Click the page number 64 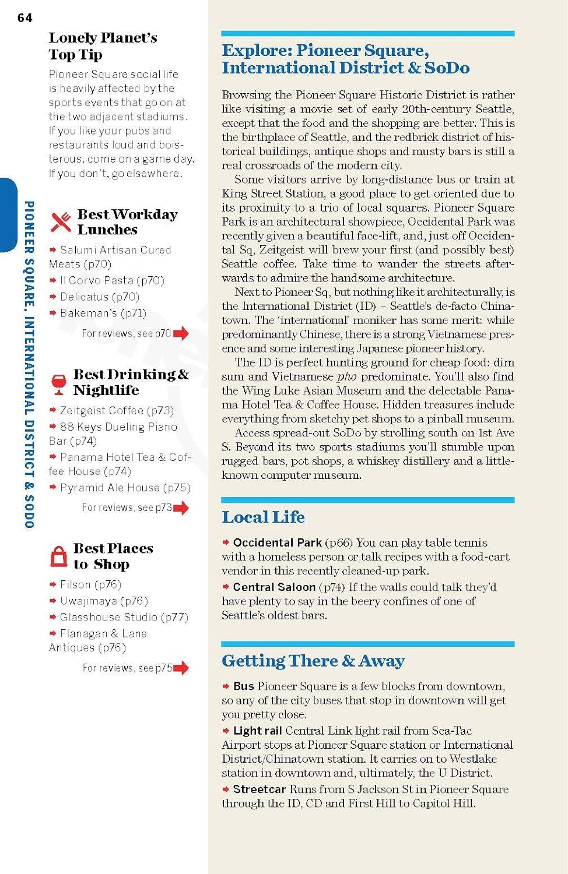25,18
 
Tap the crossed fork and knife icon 61,222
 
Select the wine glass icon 59,384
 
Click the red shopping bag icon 59,556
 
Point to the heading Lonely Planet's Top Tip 103,46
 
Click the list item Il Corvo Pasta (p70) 112,280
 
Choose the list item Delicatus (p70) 99,297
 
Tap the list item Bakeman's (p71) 103,313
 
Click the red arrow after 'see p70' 181,333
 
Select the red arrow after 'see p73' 181,508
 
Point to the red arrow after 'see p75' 181,668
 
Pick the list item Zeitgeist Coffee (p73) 117,410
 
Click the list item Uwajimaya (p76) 103,601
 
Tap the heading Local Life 263,517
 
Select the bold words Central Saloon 274,587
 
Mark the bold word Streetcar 260,789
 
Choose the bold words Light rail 257,731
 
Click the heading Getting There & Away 313,661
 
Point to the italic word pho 346,376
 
